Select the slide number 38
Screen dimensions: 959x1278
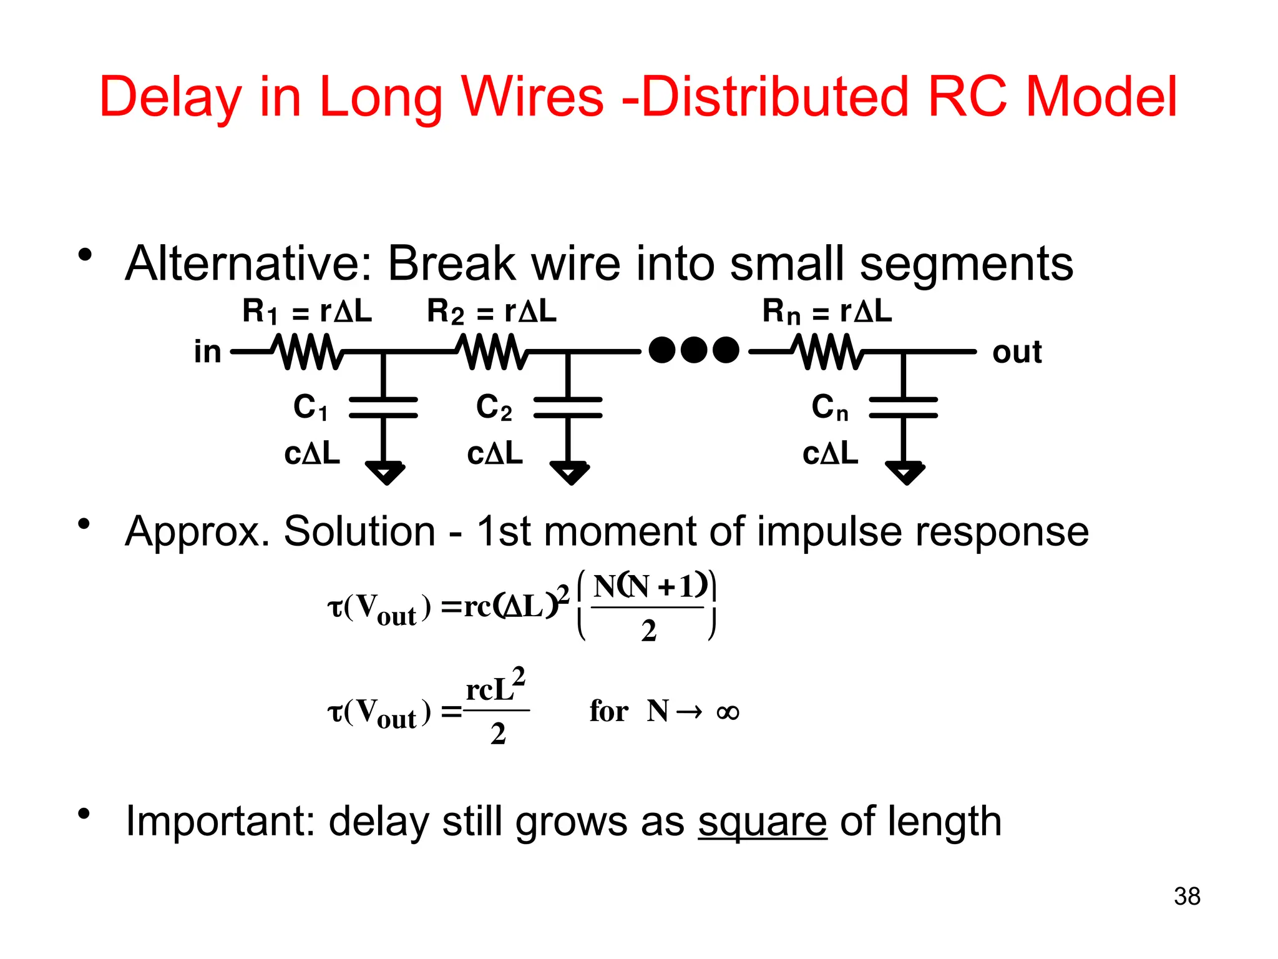1187,897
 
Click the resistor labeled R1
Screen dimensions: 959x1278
307,352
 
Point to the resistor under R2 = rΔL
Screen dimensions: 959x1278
492,352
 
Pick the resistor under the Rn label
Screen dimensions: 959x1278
827,352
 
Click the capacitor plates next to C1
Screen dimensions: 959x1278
383,407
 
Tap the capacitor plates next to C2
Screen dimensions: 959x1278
568,407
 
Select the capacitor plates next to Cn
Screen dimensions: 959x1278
903,407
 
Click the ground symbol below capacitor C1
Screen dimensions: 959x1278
386,472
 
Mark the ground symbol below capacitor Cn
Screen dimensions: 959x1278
905,472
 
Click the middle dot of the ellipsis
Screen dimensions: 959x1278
694,350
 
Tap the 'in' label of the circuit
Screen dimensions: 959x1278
208,352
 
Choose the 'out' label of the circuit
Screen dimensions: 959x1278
1017,352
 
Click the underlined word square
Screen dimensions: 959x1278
762,822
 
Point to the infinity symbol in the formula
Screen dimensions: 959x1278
728,712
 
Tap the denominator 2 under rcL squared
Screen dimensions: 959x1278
497,734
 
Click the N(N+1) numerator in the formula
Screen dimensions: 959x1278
650,586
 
